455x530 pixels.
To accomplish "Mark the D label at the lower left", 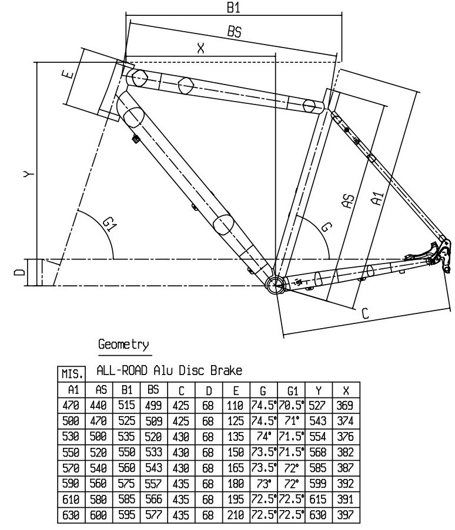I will (20, 272).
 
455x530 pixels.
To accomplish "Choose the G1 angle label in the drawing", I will (108, 224).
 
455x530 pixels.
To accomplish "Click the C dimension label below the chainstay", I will (364, 314).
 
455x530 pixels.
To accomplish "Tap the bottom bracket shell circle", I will (275, 285).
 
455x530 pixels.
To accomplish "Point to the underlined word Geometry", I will (123, 345).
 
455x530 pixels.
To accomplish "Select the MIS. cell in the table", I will (70, 374).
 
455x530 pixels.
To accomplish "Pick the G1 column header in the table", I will (292, 390).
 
